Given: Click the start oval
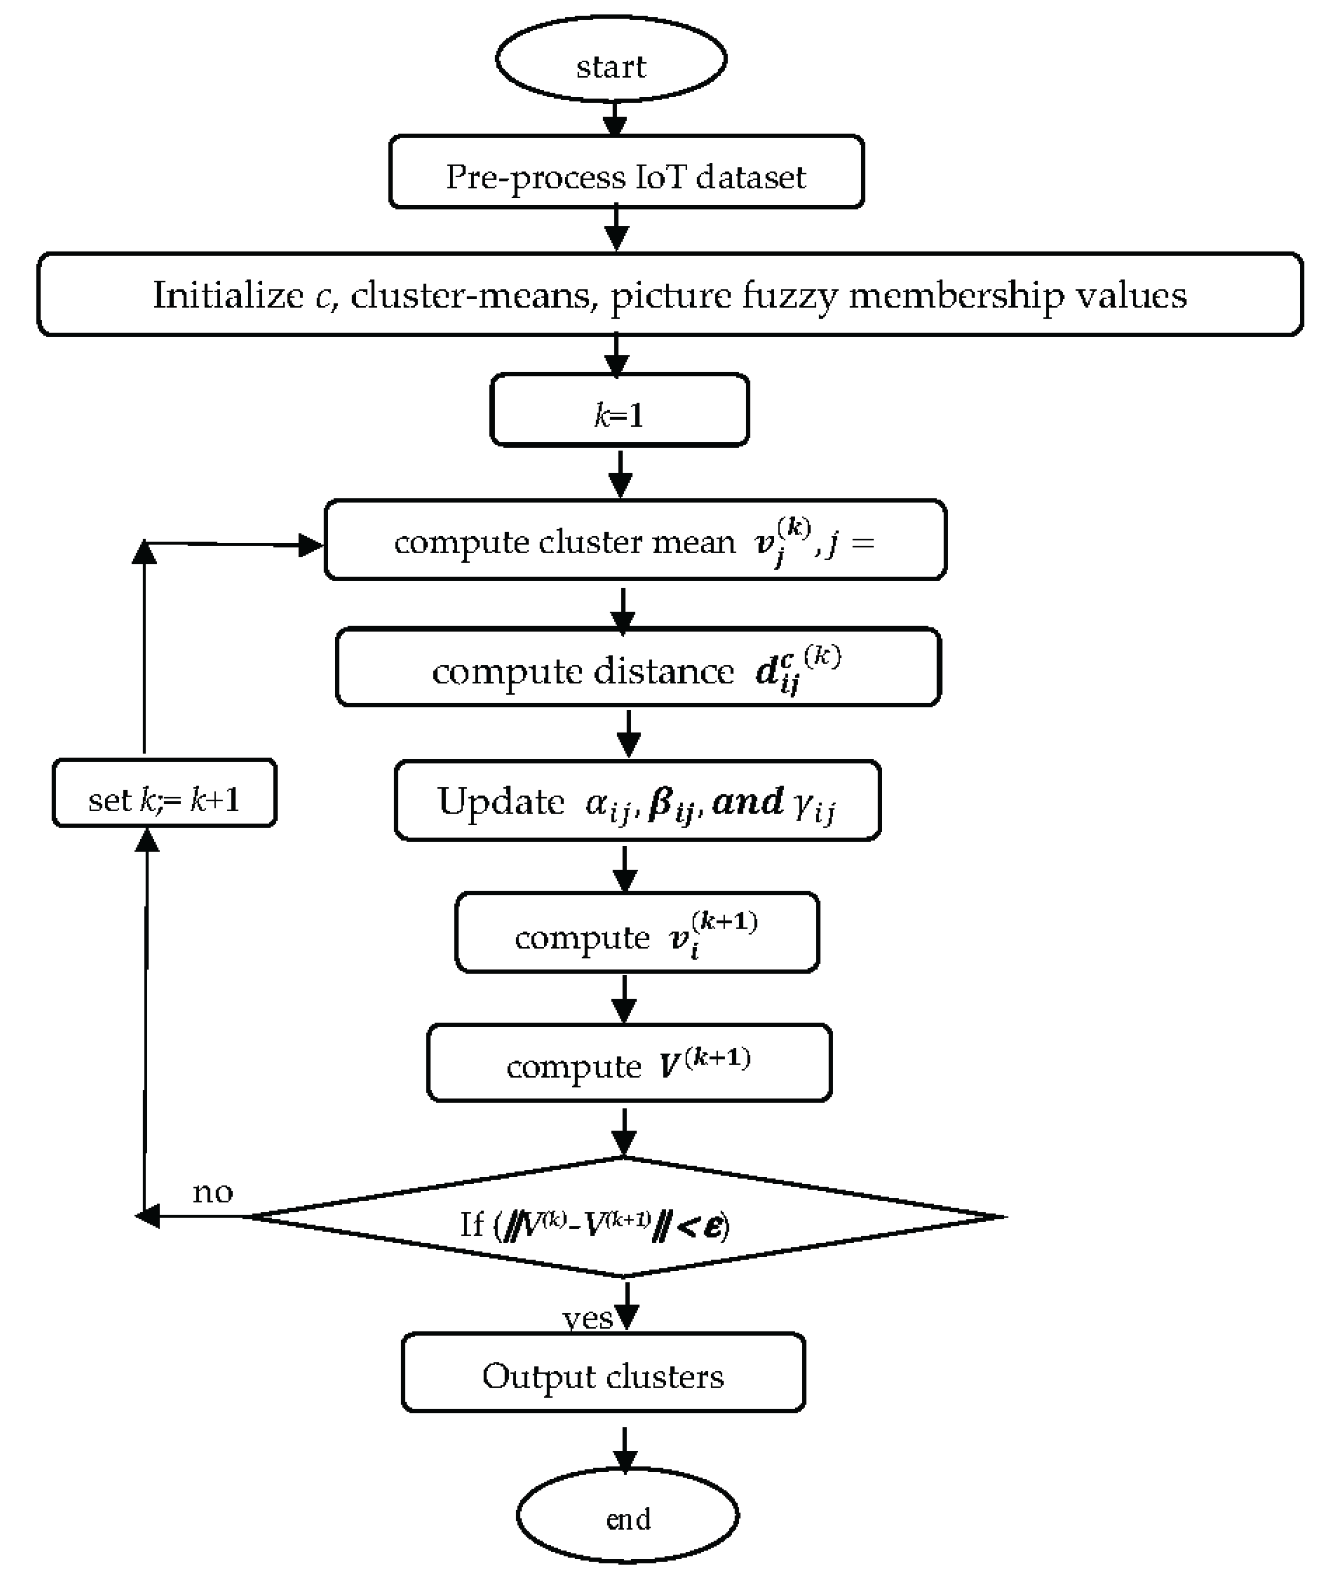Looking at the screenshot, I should pos(611,59).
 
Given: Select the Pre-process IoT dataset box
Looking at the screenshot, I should pos(626,173).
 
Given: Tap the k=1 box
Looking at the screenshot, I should pos(619,410).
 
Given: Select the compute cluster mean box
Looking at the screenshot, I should pos(635,540).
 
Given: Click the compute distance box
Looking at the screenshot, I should pos(638,668).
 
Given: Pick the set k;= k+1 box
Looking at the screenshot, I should pos(164,793).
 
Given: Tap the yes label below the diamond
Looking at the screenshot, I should pos(588,1318).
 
